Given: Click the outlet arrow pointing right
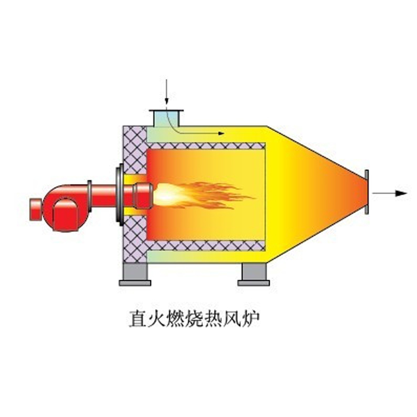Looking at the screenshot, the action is tap(390, 193).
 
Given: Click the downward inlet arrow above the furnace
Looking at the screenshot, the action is tap(166, 92).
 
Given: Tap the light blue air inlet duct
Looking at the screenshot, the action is tap(166, 119).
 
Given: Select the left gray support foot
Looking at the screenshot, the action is tap(135, 275).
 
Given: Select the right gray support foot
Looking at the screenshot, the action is tap(254, 275).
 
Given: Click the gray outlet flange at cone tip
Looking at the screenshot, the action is tap(367, 192).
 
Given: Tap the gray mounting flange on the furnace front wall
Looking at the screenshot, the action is tap(120, 195).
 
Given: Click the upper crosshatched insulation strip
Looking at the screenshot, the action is tap(206, 146).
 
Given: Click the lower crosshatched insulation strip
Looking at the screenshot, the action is tap(206, 245).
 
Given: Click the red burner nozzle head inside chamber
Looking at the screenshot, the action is tap(143, 196).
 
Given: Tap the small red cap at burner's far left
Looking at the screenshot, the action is tap(36, 210).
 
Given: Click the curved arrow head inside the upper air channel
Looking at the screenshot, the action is tap(221, 133).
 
